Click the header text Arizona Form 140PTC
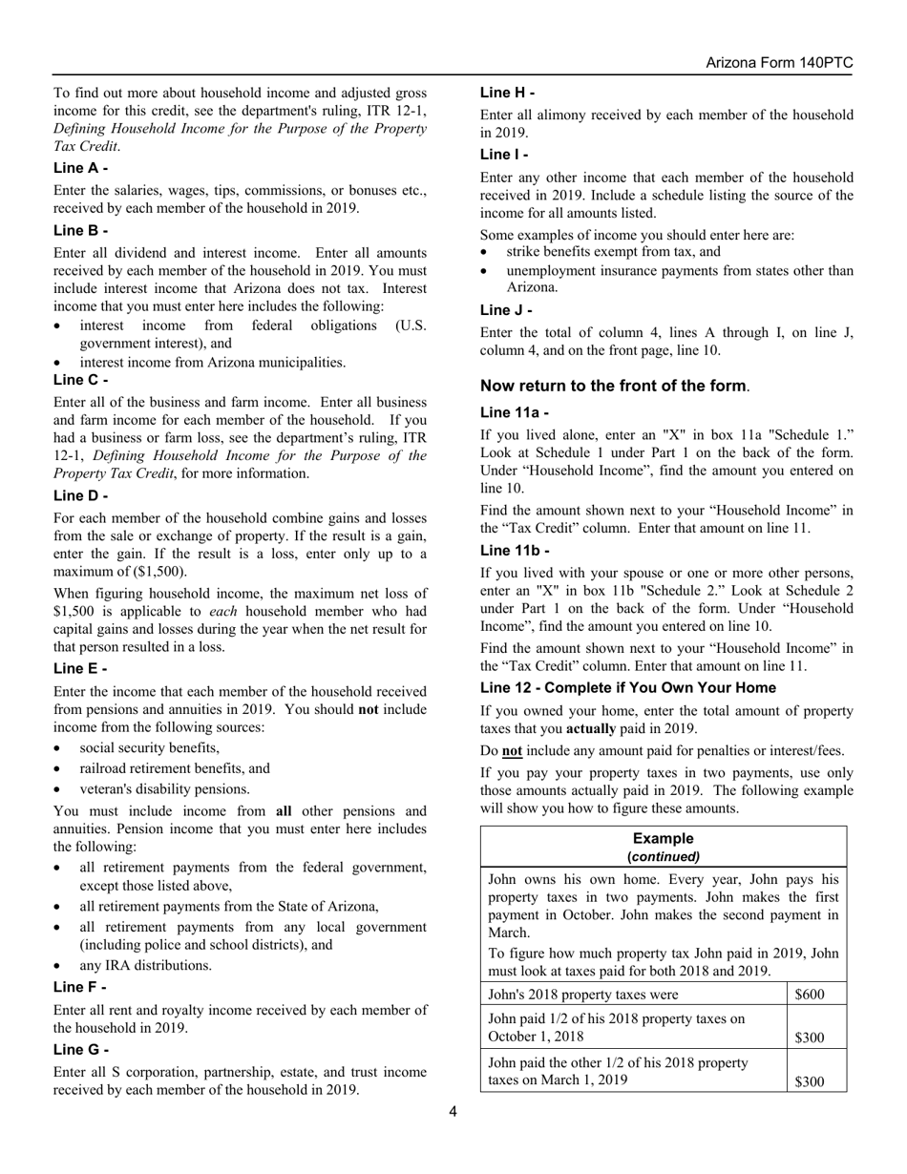coord(779,63)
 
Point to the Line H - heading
coord(507,93)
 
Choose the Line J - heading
coord(506,310)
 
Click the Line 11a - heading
coord(514,413)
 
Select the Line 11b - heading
coord(514,551)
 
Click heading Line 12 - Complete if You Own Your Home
coord(628,688)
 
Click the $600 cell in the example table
coord(810,995)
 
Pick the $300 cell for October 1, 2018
coord(810,1038)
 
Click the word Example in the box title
coord(664,839)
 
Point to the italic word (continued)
coord(664,856)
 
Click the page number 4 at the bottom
coord(453,1110)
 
